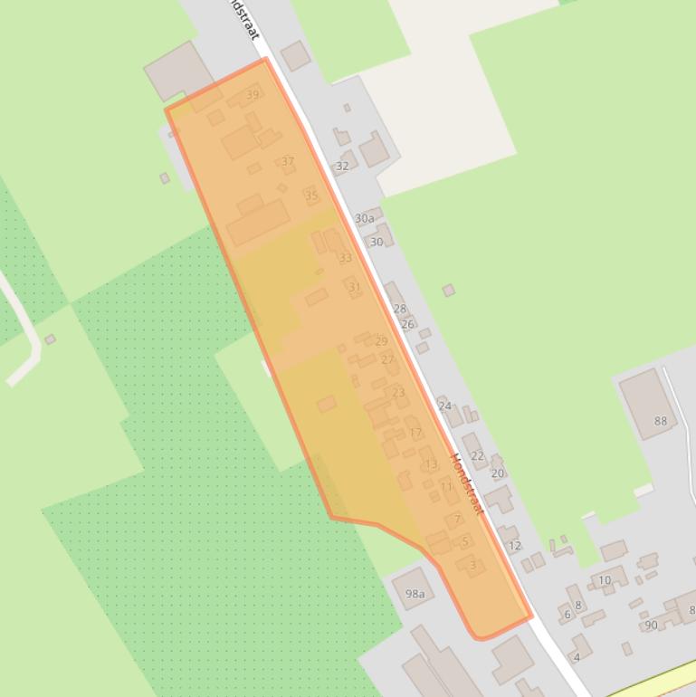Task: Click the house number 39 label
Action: [252, 95]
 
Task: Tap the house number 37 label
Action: [288, 162]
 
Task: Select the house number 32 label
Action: [342, 167]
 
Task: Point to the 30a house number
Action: [364, 219]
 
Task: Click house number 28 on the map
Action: [399, 310]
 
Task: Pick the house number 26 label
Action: [407, 325]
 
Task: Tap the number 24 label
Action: [444, 406]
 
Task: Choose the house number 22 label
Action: [477, 456]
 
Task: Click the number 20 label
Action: [497, 473]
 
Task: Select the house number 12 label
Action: [515, 546]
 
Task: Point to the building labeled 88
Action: [661, 421]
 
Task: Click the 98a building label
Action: [415, 595]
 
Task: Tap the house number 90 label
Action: [651, 625]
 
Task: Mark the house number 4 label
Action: [577, 658]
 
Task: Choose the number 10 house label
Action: [604, 580]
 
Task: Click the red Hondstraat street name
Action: [467, 484]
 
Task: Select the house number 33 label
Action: [345, 259]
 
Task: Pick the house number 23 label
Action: [398, 393]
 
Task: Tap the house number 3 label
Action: [472, 566]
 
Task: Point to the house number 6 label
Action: [567, 615]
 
